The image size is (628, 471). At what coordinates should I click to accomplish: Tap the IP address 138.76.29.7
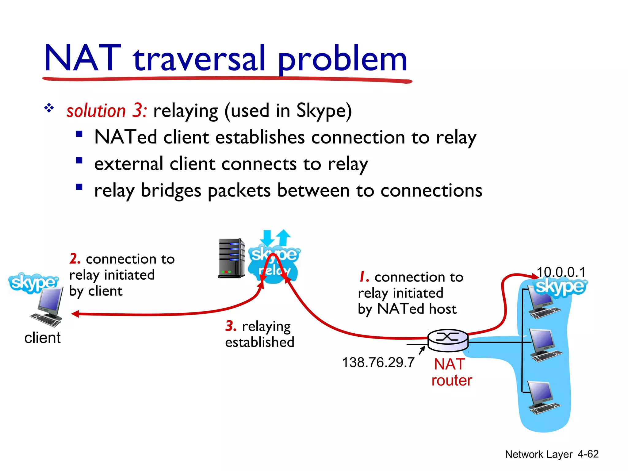(378, 362)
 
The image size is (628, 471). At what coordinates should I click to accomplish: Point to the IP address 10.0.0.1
(561, 272)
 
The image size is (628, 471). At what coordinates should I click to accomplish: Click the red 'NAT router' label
(451, 372)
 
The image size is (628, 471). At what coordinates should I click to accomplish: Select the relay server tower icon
(232, 258)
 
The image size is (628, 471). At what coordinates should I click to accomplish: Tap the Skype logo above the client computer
(33, 283)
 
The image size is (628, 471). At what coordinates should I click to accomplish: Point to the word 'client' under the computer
(42, 338)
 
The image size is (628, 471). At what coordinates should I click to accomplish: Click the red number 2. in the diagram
(75, 259)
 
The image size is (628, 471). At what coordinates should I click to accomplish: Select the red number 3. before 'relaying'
(231, 326)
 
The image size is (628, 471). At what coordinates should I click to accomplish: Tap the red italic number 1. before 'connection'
(364, 277)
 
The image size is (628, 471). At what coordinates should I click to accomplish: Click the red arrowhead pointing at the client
(75, 314)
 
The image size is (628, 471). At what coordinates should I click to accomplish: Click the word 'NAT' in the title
(82, 58)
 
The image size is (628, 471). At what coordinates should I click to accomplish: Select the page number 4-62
(588, 454)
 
